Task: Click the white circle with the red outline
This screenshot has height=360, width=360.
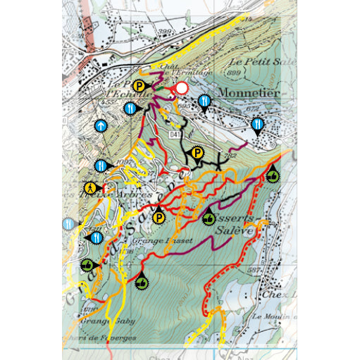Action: [x=182, y=88]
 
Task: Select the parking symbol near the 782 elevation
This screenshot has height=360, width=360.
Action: [x=198, y=152]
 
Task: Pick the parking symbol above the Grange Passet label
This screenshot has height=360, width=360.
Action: [x=159, y=218]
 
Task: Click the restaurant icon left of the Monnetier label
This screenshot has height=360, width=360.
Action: [x=204, y=101]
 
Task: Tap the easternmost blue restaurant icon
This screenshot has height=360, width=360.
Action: [x=259, y=125]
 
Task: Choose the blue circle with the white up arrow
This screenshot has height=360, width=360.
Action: [x=101, y=127]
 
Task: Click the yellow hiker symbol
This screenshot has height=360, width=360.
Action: [x=91, y=188]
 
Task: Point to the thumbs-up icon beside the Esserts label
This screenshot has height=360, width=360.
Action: [x=209, y=219]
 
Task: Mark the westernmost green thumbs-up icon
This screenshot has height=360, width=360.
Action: [x=87, y=265]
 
